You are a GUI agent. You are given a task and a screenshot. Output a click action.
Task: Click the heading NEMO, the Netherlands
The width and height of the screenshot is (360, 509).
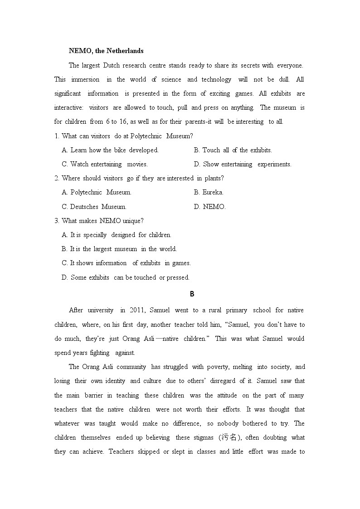(x=106, y=51)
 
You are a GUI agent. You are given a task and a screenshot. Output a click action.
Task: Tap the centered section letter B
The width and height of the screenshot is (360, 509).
(x=192, y=294)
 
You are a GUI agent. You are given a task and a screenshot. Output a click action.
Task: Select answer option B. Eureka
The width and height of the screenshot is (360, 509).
(x=209, y=192)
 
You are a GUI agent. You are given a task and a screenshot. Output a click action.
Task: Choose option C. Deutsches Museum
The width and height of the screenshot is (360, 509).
(x=94, y=207)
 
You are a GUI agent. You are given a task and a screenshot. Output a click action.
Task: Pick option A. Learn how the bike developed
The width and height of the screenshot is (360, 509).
(x=110, y=150)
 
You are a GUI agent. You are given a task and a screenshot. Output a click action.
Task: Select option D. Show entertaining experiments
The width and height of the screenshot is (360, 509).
(x=243, y=164)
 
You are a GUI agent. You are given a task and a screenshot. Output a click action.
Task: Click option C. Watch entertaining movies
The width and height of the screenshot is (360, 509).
(x=105, y=164)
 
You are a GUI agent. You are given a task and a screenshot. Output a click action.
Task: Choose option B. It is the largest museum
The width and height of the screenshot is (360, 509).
(x=119, y=249)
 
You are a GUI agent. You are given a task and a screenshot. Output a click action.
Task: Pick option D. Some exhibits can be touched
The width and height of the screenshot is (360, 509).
(x=126, y=277)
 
